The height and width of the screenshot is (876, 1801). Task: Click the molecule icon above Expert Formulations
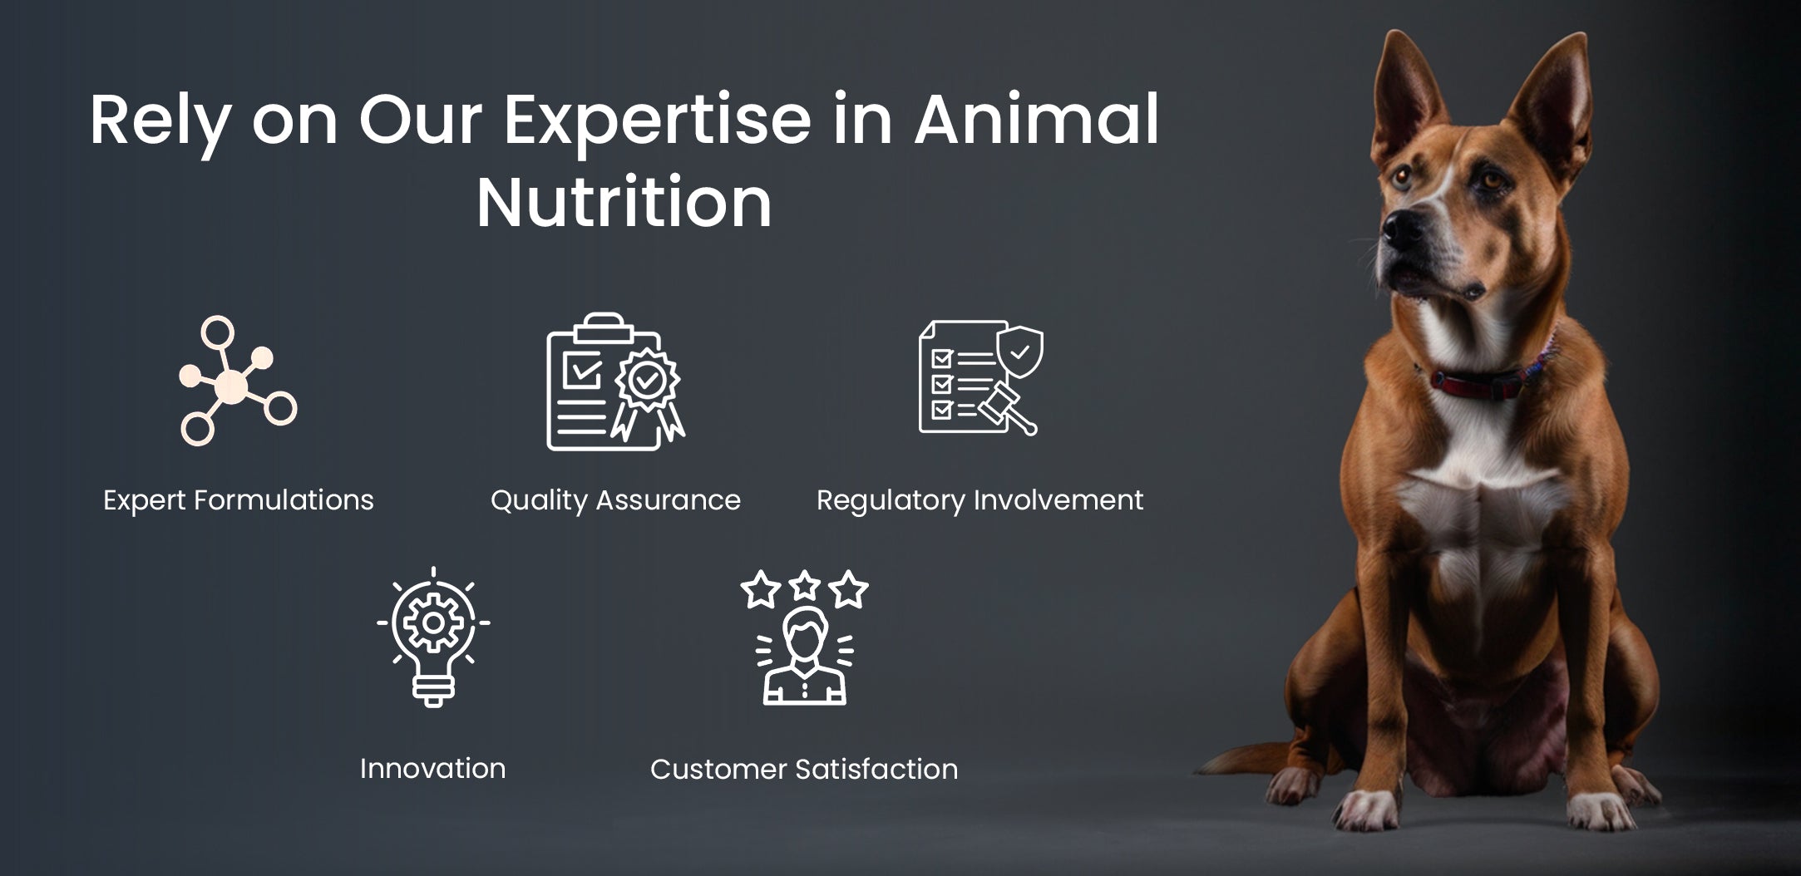point(238,381)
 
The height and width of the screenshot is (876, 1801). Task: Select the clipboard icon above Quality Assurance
point(615,382)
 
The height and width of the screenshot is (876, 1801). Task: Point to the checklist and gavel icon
point(981,378)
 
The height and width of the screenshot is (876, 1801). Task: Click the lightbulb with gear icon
point(433,637)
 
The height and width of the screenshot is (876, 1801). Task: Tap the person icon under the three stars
point(805,657)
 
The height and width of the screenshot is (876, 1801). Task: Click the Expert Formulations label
point(239,500)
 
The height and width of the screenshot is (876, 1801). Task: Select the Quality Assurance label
point(615,500)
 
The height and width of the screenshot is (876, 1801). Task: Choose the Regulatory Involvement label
point(980,500)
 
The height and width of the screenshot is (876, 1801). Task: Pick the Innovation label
point(432,768)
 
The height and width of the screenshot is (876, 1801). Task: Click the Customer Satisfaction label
point(804,769)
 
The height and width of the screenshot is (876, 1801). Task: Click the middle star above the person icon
point(805,585)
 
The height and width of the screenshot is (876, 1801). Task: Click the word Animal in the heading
point(1037,120)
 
